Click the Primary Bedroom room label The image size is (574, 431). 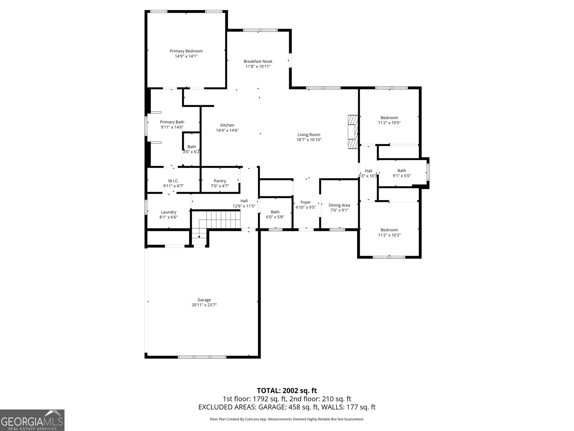(186, 51)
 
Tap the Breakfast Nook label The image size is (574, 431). (258, 61)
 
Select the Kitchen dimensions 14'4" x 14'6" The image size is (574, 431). (227, 130)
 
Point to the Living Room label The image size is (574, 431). (309, 135)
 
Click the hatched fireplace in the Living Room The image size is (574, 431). (353, 132)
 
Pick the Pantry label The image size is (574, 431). (220, 181)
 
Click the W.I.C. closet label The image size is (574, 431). (173, 181)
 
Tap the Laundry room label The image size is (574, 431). (168, 212)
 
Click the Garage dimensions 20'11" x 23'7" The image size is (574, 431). (204, 305)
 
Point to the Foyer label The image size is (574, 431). (305, 202)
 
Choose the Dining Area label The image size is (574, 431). (339, 205)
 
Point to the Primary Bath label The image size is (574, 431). (172, 122)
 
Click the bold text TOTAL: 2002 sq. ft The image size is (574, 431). (287, 391)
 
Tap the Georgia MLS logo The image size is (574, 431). (32, 420)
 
